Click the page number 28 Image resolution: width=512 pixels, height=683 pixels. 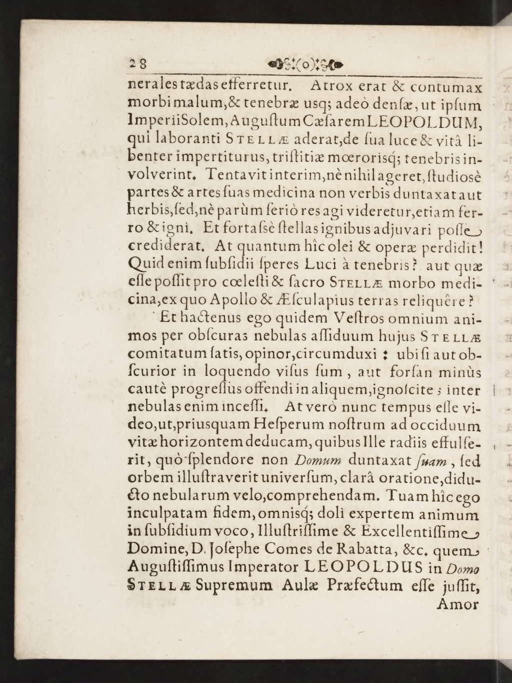click(x=136, y=64)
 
